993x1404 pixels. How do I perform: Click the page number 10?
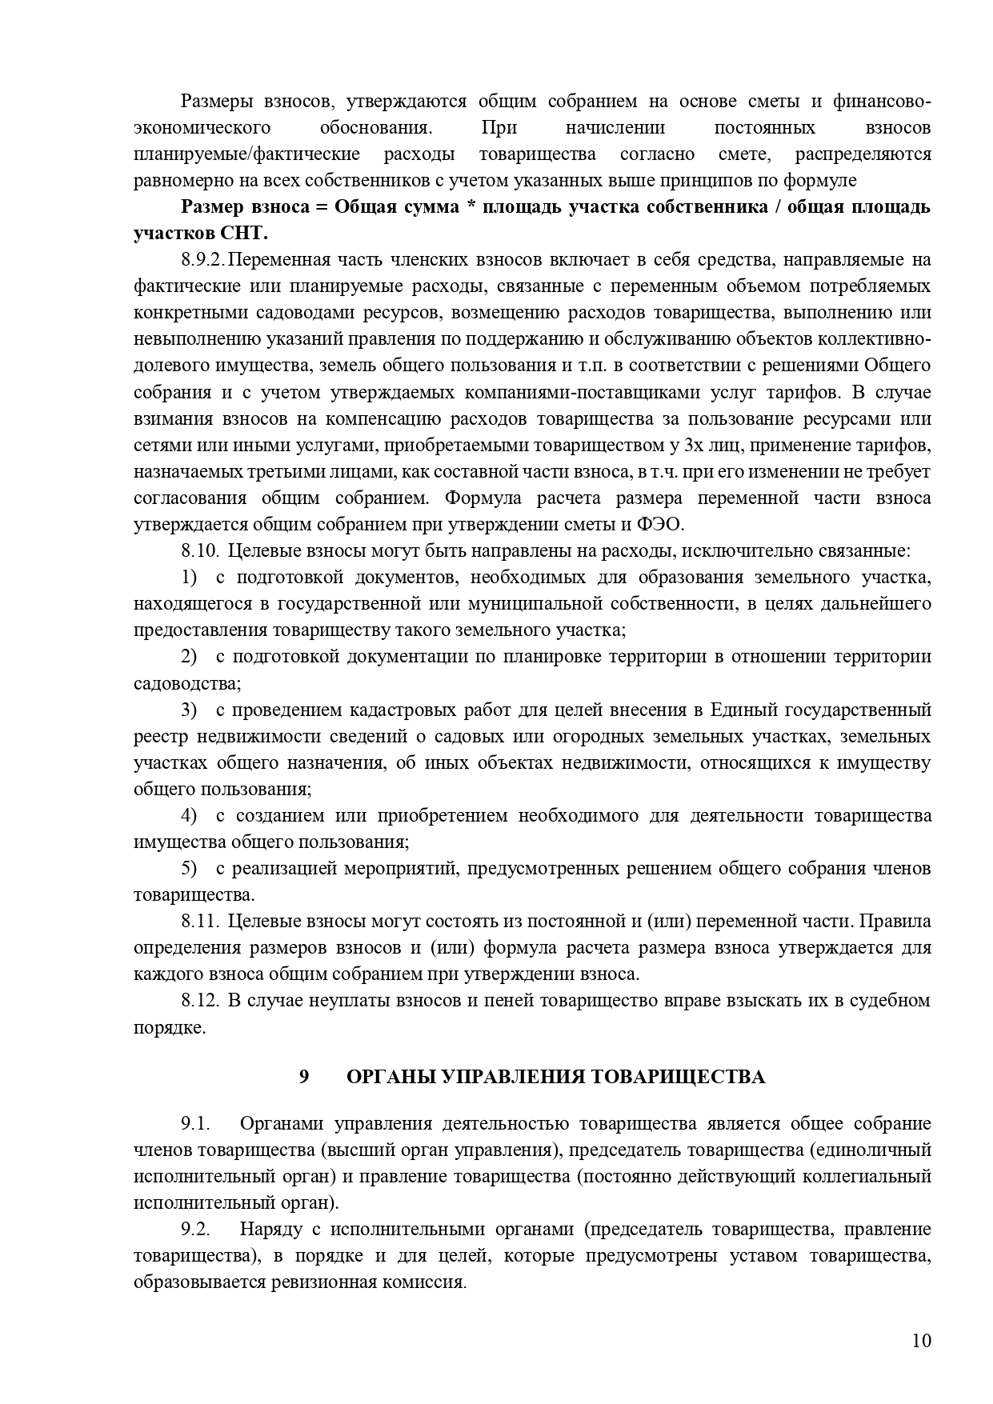pyautogui.click(x=921, y=1341)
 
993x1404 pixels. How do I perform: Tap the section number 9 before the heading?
pyautogui.click(x=304, y=1077)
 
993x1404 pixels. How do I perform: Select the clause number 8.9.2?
pyautogui.click(x=203, y=260)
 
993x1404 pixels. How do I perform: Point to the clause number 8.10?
pyautogui.click(x=200, y=550)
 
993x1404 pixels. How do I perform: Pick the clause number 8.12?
pyautogui.click(x=200, y=1000)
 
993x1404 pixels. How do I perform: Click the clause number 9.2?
pyautogui.click(x=195, y=1229)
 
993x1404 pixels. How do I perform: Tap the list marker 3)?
pyautogui.click(x=189, y=710)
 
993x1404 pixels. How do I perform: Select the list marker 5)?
pyautogui.click(x=189, y=868)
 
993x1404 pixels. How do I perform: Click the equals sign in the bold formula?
pyautogui.click(x=322, y=207)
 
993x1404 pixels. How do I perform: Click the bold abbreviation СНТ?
pyautogui.click(x=243, y=234)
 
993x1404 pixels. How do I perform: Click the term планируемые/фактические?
pyautogui.click(x=246, y=154)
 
